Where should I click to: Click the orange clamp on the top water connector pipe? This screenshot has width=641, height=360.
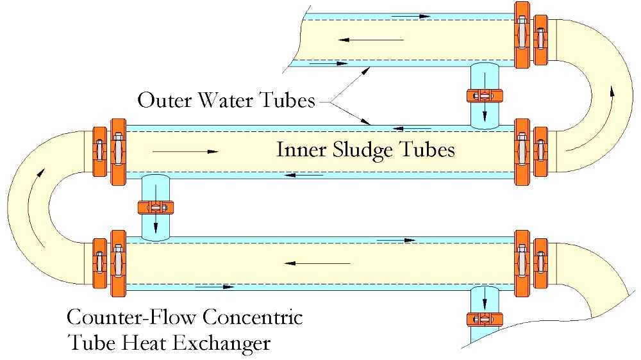pyautogui.click(x=485, y=97)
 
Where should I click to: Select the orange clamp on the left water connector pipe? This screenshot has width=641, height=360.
pyautogui.click(x=155, y=208)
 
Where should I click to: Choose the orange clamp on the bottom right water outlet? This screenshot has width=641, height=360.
pyautogui.click(x=485, y=318)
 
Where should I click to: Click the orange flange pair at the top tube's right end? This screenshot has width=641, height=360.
pyautogui.click(x=531, y=34)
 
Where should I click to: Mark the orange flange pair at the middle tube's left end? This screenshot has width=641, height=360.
pyautogui.click(x=108, y=152)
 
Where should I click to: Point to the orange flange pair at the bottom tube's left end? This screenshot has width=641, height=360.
pyautogui.click(x=108, y=263)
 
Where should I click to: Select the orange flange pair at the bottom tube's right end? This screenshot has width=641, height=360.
pyautogui.click(x=531, y=263)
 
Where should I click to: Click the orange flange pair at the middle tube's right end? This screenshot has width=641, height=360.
pyautogui.click(x=531, y=152)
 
